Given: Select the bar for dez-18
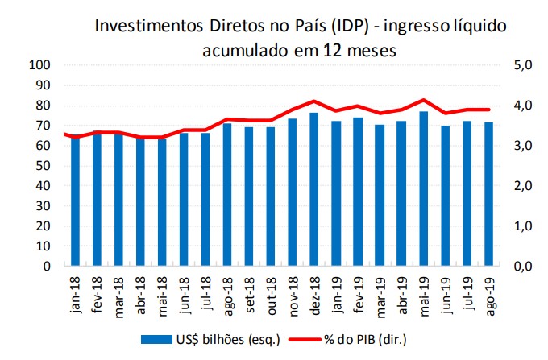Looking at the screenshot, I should point(314,189).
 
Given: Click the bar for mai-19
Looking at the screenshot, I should point(423,188).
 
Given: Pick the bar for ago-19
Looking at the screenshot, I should point(488,194).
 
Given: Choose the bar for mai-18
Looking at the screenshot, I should point(162,202).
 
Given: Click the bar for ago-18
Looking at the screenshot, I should point(227,194).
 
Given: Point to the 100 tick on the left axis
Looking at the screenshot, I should point(40,65).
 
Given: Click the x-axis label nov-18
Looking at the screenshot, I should point(293,296).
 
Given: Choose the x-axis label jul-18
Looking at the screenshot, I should point(206,296).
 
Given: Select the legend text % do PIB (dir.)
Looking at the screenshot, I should point(370,341).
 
